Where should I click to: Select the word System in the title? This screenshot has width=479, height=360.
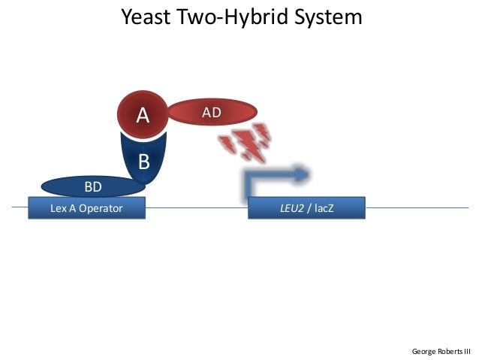coord(330,17)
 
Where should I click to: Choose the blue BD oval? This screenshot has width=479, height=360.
coord(92,186)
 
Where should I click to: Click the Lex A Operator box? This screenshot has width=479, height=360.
coord(86,208)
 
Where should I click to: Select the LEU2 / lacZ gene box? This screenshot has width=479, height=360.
coord(306,208)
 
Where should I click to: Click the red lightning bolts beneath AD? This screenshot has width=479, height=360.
coord(245,143)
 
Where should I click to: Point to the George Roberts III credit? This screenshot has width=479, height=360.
coord(441,351)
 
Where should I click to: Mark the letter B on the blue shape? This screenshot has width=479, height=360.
coord(144,162)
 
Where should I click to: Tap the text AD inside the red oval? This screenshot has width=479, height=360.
coord(212,113)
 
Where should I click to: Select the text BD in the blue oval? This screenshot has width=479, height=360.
coord(92,186)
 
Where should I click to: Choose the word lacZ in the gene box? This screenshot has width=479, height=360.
coord(324,208)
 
